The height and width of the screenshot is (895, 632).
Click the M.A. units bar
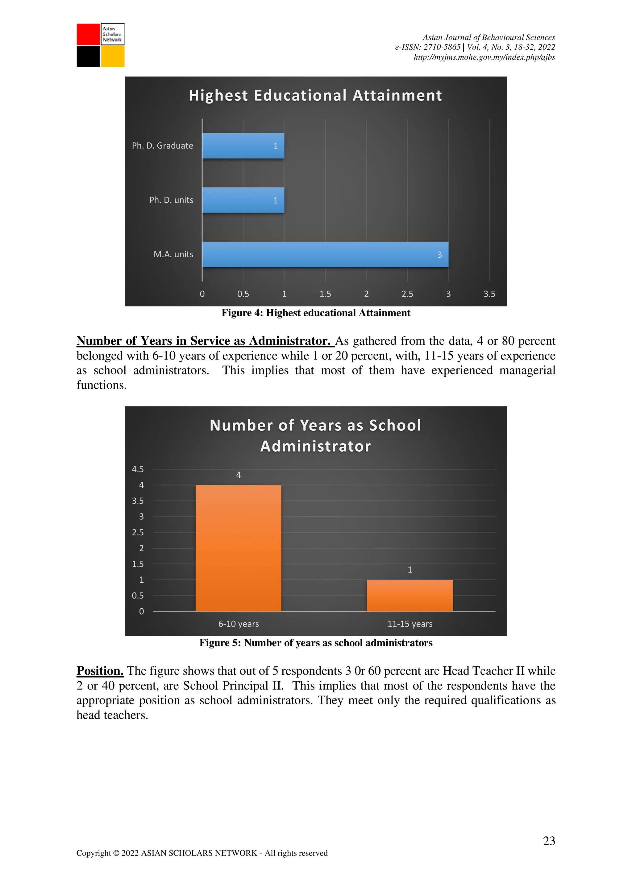click(x=325, y=254)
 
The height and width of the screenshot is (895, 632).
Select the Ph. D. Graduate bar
click(x=243, y=146)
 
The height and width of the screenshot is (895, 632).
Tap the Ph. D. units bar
click(x=243, y=200)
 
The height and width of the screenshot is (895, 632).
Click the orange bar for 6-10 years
click(x=238, y=548)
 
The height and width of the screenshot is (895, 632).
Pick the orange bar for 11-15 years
click(x=410, y=595)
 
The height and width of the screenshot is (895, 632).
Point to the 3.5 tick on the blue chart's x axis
click(x=489, y=294)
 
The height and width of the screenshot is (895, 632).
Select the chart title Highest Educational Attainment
click(x=315, y=95)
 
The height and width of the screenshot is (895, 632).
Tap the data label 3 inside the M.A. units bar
click(x=440, y=255)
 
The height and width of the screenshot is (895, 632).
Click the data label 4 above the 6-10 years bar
click(x=238, y=475)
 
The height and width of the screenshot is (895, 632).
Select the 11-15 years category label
click(x=410, y=624)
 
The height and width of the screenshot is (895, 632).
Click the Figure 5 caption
click(x=316, y=643)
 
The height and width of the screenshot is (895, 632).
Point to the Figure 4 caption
click(x=316, y=313)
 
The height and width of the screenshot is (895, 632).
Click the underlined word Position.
click(x=100, y=670)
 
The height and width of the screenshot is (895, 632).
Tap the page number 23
click(x=549, y=841)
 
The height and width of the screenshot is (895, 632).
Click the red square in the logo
click(x=88, y=34)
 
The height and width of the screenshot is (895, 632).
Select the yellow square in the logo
click(x=113, y=57)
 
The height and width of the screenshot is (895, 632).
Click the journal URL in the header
click(x=484, y=57)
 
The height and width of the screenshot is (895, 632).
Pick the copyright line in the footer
click(x=202, y=853)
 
